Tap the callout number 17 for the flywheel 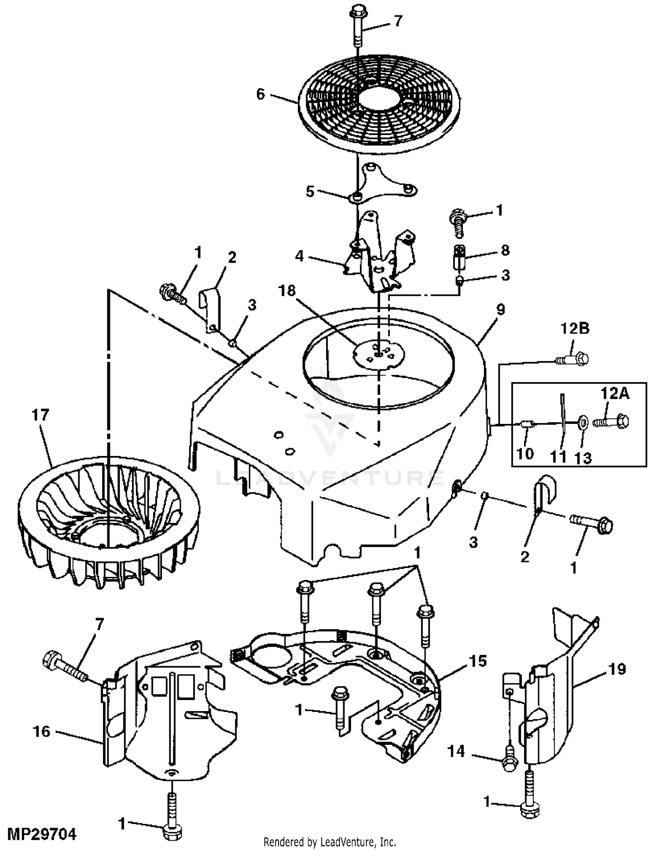tap(40, 415)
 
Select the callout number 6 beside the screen tap(260, 94)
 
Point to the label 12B tap(575, 328)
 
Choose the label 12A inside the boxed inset tap(615, 394)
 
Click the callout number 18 tap(287, 291)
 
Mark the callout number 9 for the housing tap(500, 310)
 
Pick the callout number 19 tap(617, 669)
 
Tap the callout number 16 tap(41, 731)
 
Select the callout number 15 tap(478, 661)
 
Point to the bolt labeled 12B tap(572, 359)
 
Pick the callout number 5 tap(310, 192)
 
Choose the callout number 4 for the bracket tap(299, 255)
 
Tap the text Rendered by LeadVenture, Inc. tap(330, 842)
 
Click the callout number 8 tap(505, 250)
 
